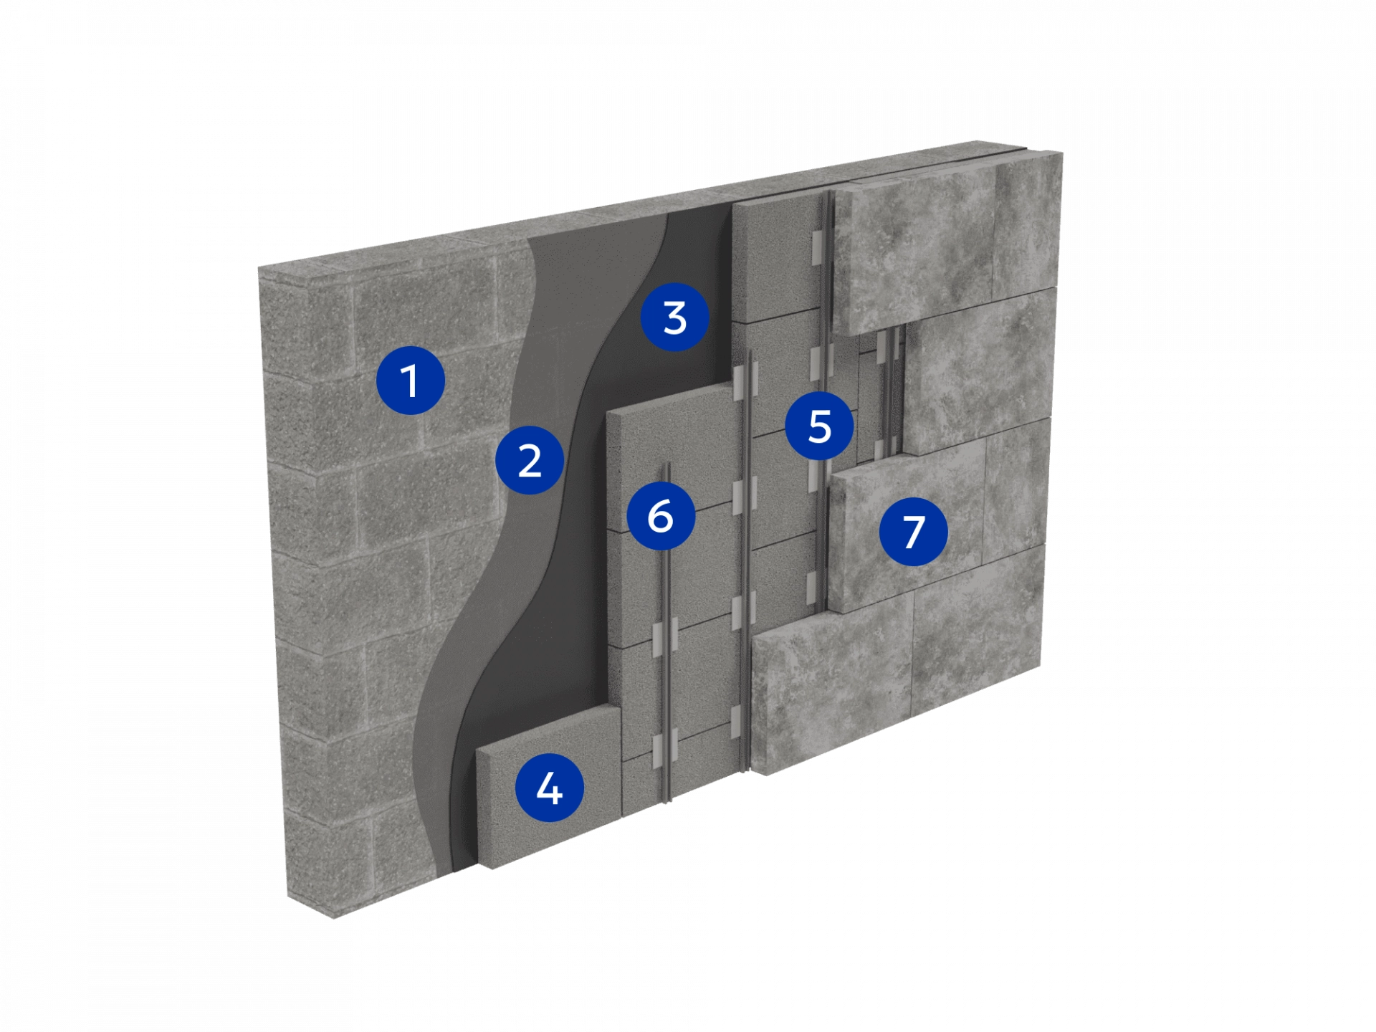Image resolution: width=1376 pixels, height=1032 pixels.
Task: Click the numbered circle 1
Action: click(x=410, y=380)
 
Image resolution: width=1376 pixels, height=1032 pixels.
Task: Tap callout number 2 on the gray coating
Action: click(x=530, y=460)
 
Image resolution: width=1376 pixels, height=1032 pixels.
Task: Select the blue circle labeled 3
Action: click(x=674, y=317)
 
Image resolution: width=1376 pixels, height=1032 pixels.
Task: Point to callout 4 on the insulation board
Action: click(x=550, y=788)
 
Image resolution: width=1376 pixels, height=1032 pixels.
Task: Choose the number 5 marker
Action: click(x=820, y=426)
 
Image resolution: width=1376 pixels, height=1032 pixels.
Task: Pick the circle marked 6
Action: click(x=661, y=515)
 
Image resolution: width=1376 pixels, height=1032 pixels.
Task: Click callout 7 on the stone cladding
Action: click(x=914, y=532)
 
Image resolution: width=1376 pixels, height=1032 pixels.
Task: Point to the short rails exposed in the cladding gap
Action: click(x=889, y=393)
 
